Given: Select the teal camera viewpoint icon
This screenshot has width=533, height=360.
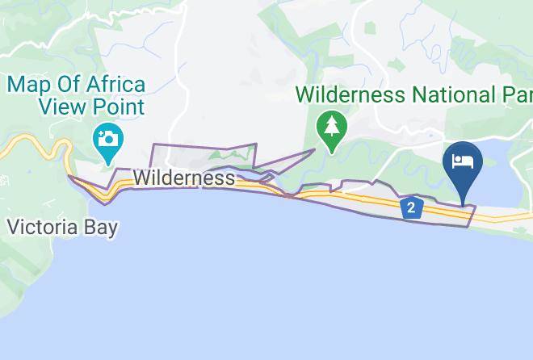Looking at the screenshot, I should click(x=107, y=137).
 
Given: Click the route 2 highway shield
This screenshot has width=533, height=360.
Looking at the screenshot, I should click(x=412, y=208).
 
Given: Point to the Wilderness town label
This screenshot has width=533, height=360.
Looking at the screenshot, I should click(x=185, y=178).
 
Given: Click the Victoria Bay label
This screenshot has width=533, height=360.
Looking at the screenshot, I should click(x=63, y=227).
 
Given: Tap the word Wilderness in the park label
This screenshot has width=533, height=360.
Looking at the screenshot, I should click(x=350, y=94).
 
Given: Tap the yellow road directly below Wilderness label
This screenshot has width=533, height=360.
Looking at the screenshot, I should click(x=185, y=188).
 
